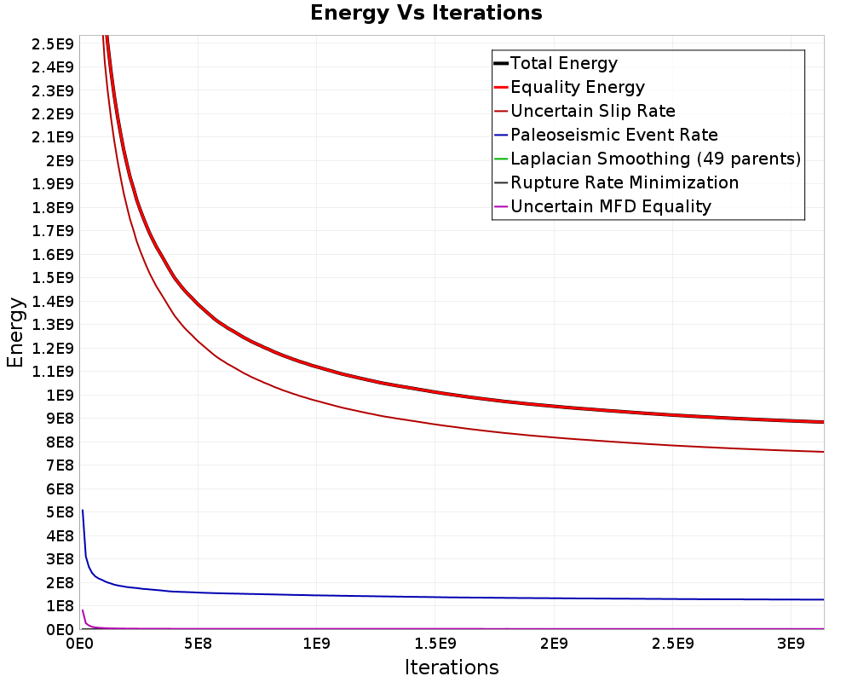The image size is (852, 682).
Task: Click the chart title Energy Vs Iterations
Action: [x=426, y=13]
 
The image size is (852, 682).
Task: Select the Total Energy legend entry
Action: [x=556, y=63]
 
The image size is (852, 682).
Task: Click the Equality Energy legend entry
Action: [x=569, y=87]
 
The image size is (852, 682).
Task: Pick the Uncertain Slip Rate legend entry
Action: [x=584, y=111]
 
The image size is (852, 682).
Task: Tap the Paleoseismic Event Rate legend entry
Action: [x=606, y=135]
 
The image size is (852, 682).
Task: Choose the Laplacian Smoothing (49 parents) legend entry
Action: [x=648, y=159]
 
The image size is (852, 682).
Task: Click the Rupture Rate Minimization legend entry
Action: [x=616, y=182]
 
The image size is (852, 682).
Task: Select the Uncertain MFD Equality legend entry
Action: [x=602, y=206]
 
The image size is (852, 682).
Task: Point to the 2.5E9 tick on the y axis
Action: [x=52, y=44]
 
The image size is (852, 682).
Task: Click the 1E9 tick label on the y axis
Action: [x=60, y=396]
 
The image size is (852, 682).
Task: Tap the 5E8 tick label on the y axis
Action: [x=60, y=512]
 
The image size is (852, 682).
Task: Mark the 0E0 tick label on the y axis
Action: [x=60, y=630]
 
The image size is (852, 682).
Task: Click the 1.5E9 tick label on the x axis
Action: [x=435, y=644]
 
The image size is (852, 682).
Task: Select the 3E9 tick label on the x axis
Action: [x=791, y=644]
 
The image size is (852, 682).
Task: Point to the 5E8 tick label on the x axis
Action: [x=198, y=644]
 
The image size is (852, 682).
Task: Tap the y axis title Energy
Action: [x=15, y=332]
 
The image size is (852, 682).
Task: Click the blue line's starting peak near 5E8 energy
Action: [x=83, y=510]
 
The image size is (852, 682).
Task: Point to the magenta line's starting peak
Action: [x=83, y=610]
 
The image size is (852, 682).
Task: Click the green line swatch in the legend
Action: [x=501, y=159]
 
